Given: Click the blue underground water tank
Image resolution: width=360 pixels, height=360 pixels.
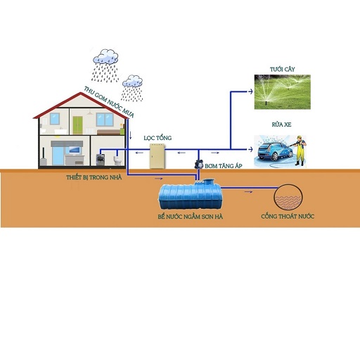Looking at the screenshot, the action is coord(190,194).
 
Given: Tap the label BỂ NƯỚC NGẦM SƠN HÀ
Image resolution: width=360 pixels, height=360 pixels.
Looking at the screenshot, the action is coord(190,217).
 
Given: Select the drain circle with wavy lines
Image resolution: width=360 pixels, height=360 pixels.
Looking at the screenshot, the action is coord(288,198).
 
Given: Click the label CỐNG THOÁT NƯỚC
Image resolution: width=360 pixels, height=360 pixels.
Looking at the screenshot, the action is coord(288,216).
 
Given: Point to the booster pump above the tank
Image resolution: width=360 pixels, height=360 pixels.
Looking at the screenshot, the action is coord(199,165).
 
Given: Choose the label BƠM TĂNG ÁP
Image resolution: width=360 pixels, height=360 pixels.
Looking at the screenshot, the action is coord(224,166).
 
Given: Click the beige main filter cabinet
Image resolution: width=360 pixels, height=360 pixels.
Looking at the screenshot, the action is coord(157,156).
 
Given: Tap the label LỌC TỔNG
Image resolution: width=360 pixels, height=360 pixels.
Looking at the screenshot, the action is coord(157,138).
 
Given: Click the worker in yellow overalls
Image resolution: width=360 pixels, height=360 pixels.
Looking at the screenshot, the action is coord(300,150).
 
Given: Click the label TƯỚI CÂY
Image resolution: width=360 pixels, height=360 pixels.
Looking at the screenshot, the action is coord(282,70).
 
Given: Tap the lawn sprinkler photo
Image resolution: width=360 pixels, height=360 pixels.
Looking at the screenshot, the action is coord(283,92).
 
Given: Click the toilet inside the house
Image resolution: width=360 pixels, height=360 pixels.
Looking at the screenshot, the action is coord(117,160).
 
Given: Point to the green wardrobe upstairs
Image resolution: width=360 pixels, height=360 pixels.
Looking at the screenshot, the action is coord(77,125).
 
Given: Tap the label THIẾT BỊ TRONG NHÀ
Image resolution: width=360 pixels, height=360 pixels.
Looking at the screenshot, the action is coord(94,177).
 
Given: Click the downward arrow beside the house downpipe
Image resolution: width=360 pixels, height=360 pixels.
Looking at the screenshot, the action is coord(131,135).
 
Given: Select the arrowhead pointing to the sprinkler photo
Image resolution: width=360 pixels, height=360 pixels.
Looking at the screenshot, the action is coord(250,91).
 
